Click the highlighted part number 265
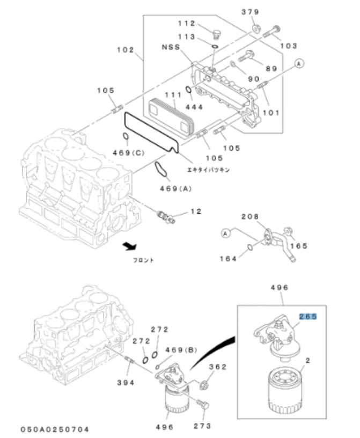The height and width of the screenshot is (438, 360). [308, 316]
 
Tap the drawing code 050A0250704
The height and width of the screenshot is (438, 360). [55, 429]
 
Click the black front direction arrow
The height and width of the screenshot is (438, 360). [129, 246]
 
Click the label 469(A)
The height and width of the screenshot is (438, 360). [175, 188]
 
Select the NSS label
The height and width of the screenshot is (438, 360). [170, 47]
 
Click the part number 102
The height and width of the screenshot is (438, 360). [126, 50]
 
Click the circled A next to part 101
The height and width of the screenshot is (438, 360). [299, 63]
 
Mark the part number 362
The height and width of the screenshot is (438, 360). [217, 368]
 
